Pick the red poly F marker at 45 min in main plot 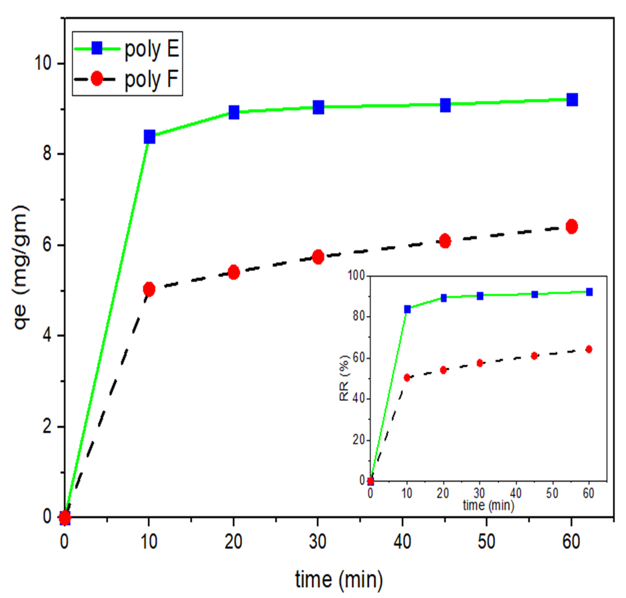point(445,241)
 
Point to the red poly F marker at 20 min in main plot point(234,272)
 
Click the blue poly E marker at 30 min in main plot point(318,107)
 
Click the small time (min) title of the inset point(488,505)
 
